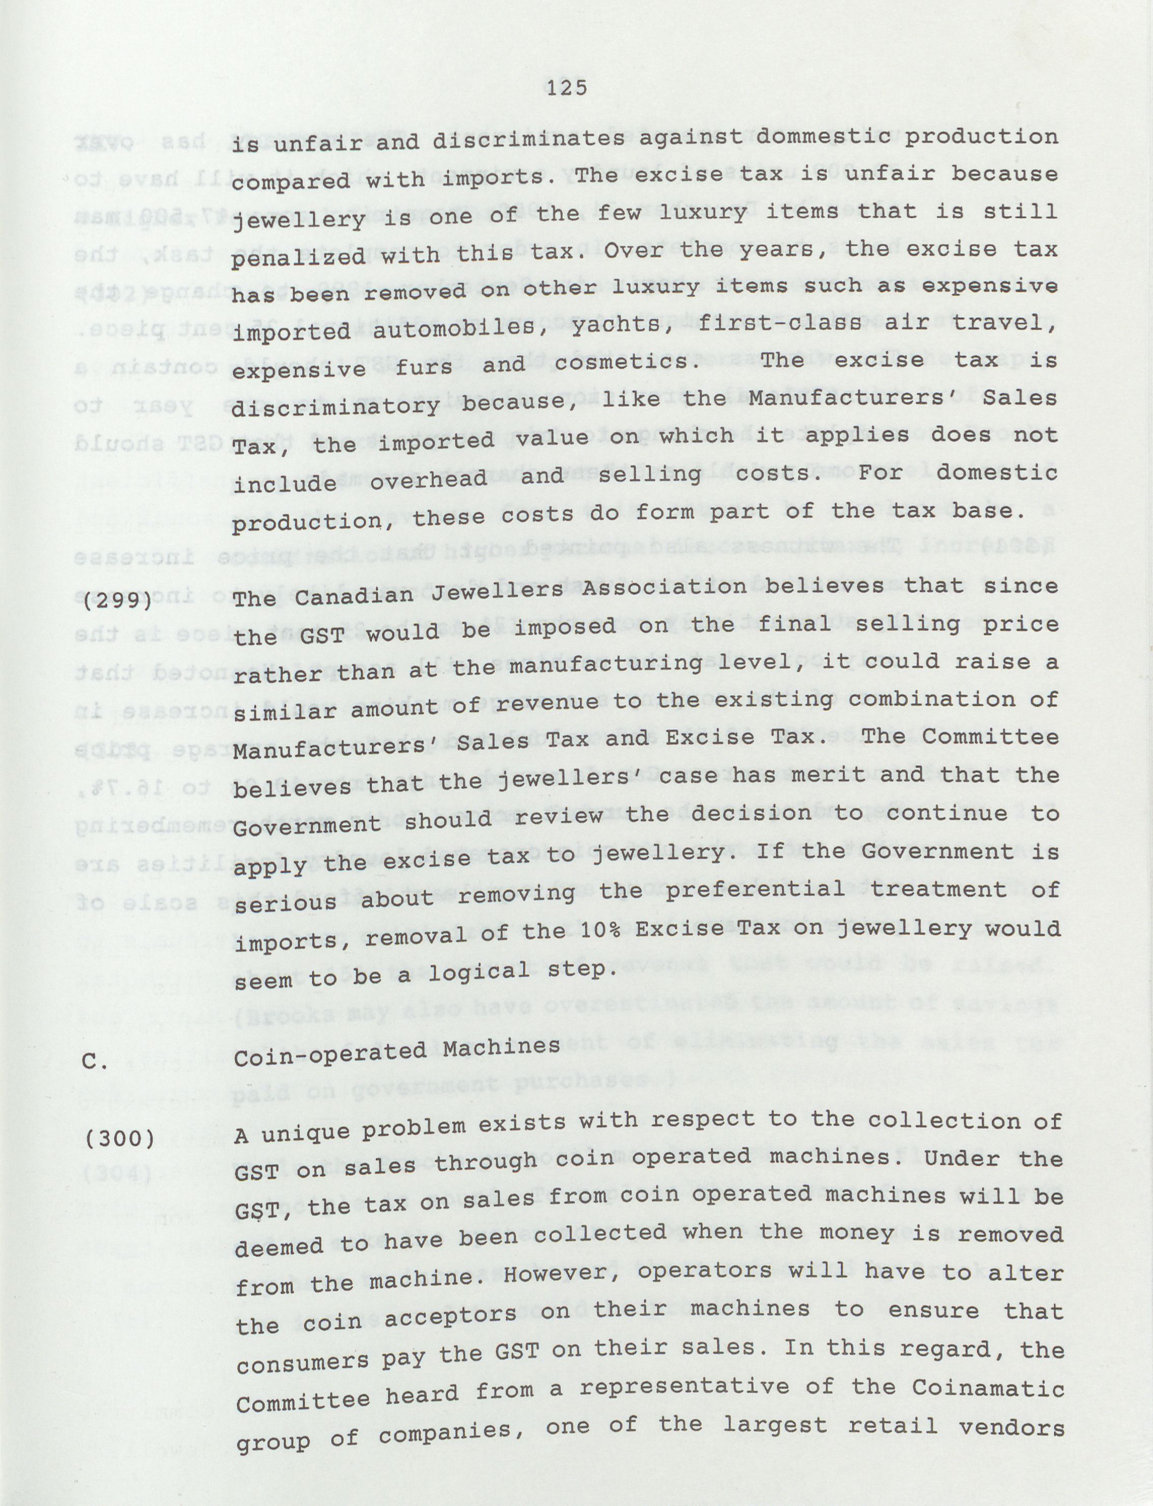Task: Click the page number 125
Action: coord(568,87)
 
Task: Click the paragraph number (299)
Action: coord(117,599)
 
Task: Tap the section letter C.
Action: coord(94,1062)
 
